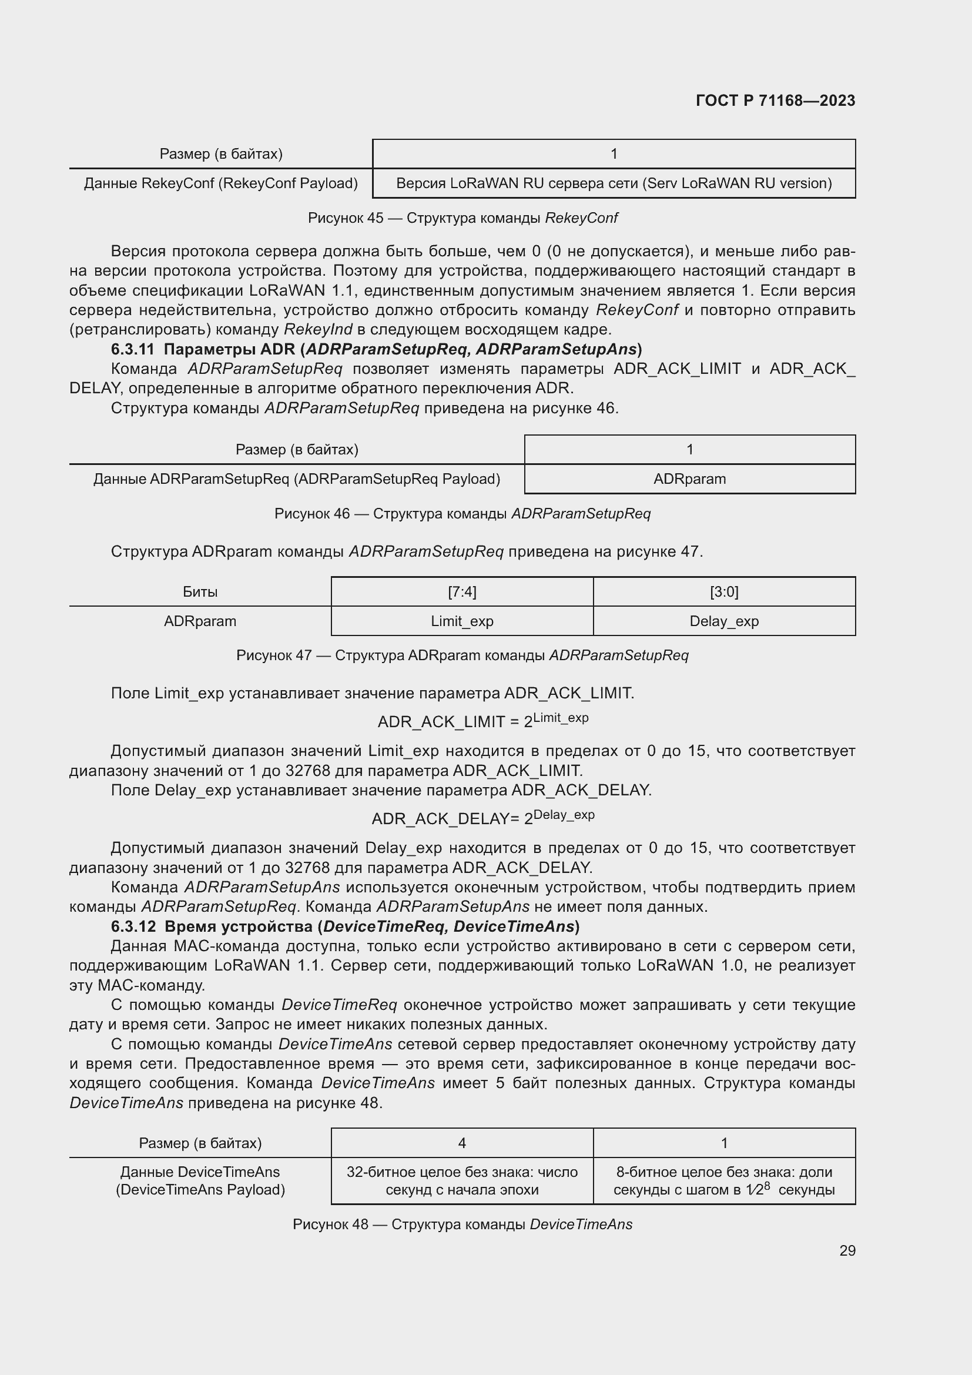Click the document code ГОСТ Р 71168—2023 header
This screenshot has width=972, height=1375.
pos(775,101)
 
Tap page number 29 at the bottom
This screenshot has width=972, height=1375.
pos(847,1250)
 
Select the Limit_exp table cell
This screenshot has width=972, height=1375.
pos(462,621)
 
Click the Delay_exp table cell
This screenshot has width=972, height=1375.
pos(723,621)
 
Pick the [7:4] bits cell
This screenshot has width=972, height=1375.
pos(462,592)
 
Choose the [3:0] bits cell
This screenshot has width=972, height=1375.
pos(723,592)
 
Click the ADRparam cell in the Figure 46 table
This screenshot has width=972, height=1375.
pos(689,479)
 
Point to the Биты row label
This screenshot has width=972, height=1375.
pos(200,592)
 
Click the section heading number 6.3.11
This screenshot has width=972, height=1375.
pos(132,349)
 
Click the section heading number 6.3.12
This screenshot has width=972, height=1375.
pos(133,926)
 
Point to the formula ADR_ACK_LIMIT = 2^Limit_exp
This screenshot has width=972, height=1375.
pos(482,721)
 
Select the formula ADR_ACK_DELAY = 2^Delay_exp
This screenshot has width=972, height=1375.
pos(482,818)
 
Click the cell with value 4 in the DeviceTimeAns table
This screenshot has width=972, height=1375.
pos(462,1143)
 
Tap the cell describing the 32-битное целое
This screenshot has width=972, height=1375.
pos(462,1180)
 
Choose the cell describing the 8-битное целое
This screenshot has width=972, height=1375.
pos(723,1180)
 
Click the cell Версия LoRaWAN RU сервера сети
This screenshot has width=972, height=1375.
pos(614,183)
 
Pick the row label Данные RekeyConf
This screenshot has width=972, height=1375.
pos(220,183)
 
